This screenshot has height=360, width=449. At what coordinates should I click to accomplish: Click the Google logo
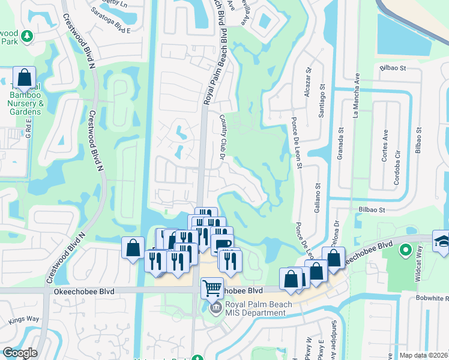pos(20,353)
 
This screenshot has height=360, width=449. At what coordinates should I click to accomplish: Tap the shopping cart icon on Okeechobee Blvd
pos(212,288)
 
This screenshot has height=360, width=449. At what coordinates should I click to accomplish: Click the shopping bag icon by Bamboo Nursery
pos(24,77)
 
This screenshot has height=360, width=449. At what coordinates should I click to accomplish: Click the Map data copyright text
pos(423,355)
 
